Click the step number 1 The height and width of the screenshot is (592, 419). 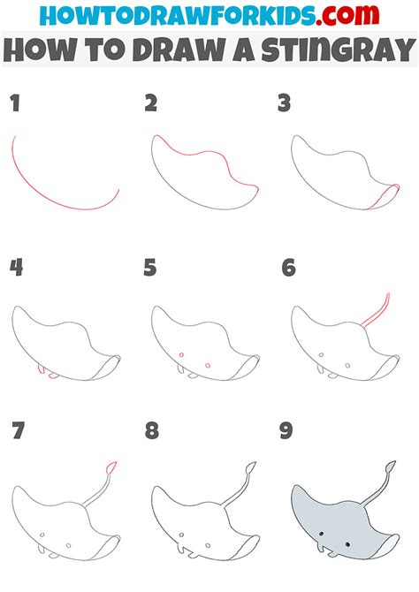[14, 104]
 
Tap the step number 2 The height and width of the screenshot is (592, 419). [151, 104]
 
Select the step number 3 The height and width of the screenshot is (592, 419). [284, 104]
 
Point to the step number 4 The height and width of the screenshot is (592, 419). [15, 268]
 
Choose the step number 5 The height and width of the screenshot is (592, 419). [151, 268]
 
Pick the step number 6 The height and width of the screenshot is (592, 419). [288, 268]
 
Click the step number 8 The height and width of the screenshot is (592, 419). [152, 430]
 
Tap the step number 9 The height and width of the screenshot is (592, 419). [288, 430]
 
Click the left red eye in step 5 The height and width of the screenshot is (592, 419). [180, 356]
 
